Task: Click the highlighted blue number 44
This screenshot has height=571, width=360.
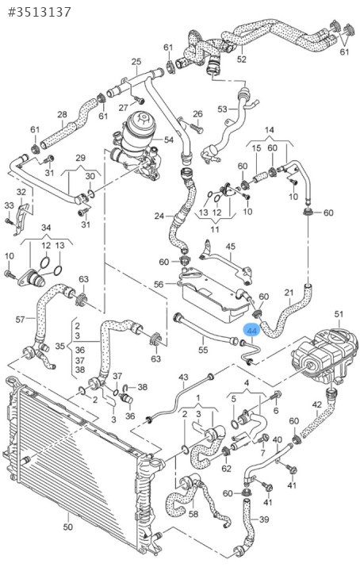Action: (x=252, y=331)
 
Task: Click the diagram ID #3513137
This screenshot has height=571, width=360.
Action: (x=40, y=12)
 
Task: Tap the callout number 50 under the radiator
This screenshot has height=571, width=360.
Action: (x=67, y=527)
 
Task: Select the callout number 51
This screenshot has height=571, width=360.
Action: (x=339, y=314)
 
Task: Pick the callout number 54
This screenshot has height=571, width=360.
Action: (x=169, y=140)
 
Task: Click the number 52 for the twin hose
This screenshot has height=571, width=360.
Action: (x=241, y=59)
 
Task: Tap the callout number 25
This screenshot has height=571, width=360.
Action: (x=136, y=61)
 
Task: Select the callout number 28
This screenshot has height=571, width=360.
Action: (x=62, y=114)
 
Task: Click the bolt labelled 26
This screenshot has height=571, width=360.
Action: (x=197, y=128)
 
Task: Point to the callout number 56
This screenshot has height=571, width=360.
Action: (x=159, y=285)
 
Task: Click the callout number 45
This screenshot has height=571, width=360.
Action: (x=231, y=247)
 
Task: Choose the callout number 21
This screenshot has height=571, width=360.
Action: (x=289, y=293)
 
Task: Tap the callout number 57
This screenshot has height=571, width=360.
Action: (x=21, y=320)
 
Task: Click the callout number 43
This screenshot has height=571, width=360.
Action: (x=183, y=377)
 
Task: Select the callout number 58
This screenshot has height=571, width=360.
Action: (x=193, y=513)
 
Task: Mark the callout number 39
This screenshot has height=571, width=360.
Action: (x=264, y=519)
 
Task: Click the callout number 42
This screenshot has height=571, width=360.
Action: (x=317, y=404)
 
